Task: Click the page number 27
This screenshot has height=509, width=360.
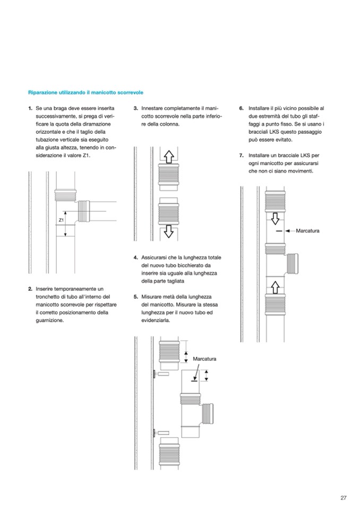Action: click(x=344, y=498)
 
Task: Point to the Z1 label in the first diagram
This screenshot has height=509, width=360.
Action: click(x=61, y=219)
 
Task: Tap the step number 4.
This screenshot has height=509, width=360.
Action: click(x=136, y=257)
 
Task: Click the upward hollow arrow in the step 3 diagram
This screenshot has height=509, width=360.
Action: click(x=169, y=157)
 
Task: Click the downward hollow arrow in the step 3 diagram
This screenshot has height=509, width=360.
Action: click(x=169, y=231)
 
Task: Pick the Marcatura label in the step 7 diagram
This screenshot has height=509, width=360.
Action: click(x=307, y=231)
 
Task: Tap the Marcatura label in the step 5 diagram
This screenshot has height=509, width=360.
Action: click(x=204, y=359)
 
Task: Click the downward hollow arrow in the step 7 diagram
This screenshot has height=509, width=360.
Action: click(x=276, y=218)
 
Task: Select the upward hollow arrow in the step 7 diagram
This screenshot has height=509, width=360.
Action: click(x=276, y=287)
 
